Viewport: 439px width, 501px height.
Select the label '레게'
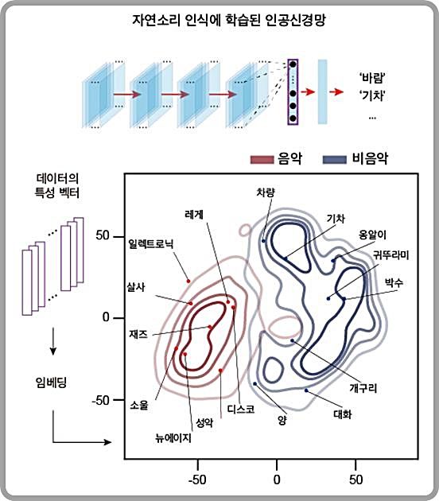(x=194, y=215)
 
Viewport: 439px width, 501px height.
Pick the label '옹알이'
(x=373, y=235)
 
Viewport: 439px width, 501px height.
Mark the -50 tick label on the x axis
(x=196, y=480)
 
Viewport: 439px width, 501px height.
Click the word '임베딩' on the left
(x=51, y=383)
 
